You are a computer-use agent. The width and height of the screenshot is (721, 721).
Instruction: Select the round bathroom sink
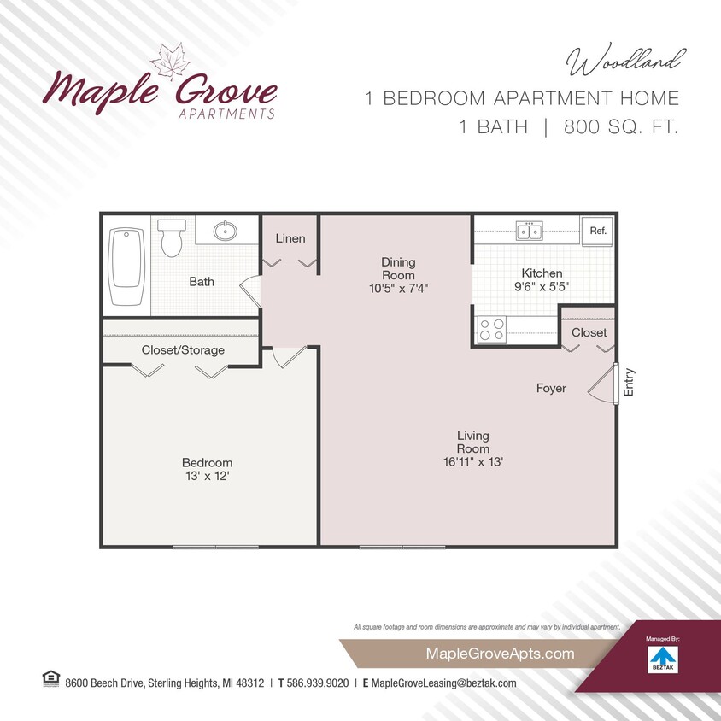click(226, 231)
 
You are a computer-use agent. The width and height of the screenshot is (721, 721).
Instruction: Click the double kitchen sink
click(528, 230)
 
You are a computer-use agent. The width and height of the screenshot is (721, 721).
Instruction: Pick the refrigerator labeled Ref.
click(597, 231)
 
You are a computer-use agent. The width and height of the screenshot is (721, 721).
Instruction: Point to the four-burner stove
click(491, 329)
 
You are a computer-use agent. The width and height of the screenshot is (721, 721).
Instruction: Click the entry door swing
click(606, 387)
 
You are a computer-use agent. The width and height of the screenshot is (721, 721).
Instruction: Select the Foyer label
click(551, 389)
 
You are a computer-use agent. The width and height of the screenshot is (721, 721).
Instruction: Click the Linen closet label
click(290, 238)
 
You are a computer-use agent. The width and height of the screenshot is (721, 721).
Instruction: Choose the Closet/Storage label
click(183, 350)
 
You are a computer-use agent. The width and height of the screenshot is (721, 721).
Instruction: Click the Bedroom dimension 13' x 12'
click(207, 477)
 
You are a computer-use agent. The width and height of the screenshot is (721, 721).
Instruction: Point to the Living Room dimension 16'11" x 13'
click(472, 462)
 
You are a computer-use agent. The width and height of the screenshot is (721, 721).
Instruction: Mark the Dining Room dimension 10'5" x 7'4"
click(397, 289)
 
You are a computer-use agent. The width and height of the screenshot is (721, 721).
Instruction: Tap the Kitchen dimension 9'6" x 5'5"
click(542, 288)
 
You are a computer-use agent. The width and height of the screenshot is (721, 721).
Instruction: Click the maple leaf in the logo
click(170, 62)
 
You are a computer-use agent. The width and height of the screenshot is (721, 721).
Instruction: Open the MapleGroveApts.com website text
click(487, 654)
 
